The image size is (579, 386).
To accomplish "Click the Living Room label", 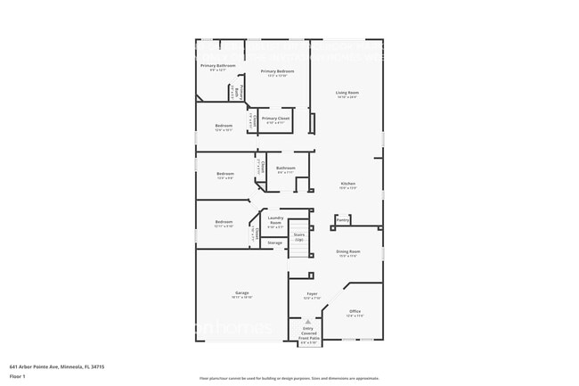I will pyautogui.click(x=347, y=93).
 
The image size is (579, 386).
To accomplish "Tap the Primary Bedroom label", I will pyautogui.click(x=277, y=71).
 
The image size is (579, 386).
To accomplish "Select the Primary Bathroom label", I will pyautogui.click(x=218, y=66).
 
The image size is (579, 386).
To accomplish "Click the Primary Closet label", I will pyautogui.click(x=275, y=119).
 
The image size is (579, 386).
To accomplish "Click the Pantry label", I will pyautogui.click(x=343, y=218).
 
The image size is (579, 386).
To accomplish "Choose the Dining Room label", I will pyautogui.click(x=347, y=252).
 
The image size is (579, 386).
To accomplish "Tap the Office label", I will pyautogui.click(x=355, y=312).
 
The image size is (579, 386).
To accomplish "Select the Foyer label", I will pyautogui.click(x=312, y=294).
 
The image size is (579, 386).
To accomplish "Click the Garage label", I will pyautogui.click(x=241, y=293).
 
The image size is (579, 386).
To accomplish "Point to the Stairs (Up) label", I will pyautogui.click(x=299, y=237).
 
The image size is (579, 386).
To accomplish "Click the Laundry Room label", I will pyautogui.click(x=275, y=219).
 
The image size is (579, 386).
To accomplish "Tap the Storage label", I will pyautogui.click(x=275, y=242).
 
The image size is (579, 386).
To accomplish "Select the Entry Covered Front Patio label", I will pyautogui.click(x=308, y=333).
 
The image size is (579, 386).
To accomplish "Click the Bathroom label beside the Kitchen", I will pyautogui.click(x=286, y=168).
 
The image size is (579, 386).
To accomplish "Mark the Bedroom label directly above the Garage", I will pyautogui.click(x=224, y=223).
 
